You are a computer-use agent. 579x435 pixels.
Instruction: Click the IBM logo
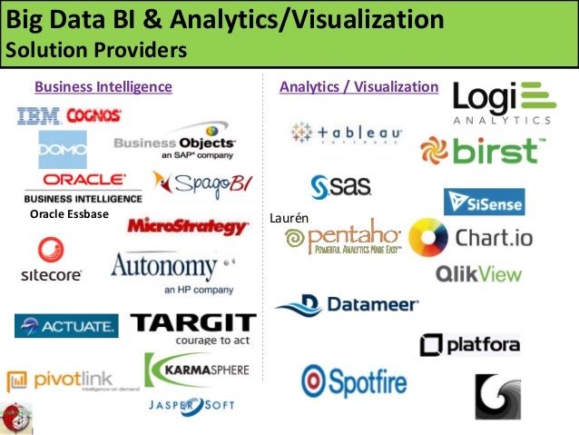(x=37, y=115)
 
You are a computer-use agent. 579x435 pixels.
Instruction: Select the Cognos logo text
(x=93, y=115)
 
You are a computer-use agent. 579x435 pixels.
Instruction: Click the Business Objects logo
(x=174, y=147)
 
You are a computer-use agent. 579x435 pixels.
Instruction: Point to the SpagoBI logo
(x=201, y=184)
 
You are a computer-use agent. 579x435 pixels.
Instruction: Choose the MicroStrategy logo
(x=188, y=226)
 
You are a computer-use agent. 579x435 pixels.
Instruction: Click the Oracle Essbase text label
(x=69, y=213)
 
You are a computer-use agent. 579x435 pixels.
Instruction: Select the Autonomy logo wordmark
(x=164, y=267)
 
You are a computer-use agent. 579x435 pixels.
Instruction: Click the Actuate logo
(x=66, y=325)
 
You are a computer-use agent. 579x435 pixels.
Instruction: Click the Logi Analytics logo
(x=502, y=103)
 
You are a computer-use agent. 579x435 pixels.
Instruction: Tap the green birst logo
(x=483, y=151)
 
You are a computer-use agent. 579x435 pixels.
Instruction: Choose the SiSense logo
(x=484, y=202)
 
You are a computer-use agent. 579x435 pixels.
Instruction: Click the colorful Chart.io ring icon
(x=428, y=239)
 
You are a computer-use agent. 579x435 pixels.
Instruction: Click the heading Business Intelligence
(x=103, y=87)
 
